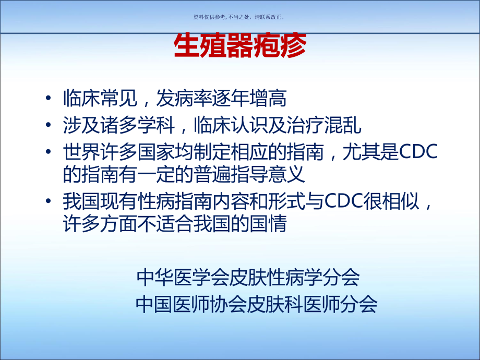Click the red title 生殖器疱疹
coord(239,45)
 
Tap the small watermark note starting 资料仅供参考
coord(239,17)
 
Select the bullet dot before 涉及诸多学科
coord(49,126)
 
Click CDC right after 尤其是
coord(418,152)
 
